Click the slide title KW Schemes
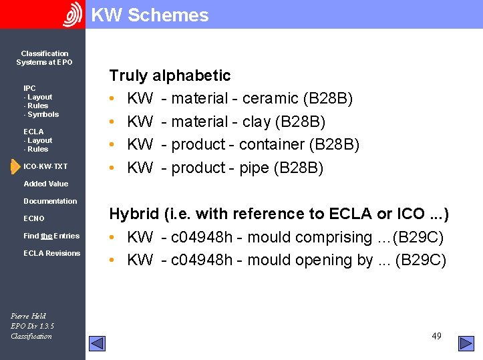150,15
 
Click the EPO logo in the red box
72,15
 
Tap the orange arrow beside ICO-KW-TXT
15,166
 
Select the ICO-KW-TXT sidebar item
45,166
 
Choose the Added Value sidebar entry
45,184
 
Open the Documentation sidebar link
50,201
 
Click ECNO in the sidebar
34,218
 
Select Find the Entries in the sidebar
51,236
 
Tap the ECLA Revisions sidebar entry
51,253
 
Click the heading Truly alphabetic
170,75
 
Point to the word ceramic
270,99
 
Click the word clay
257,122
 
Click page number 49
436,336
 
